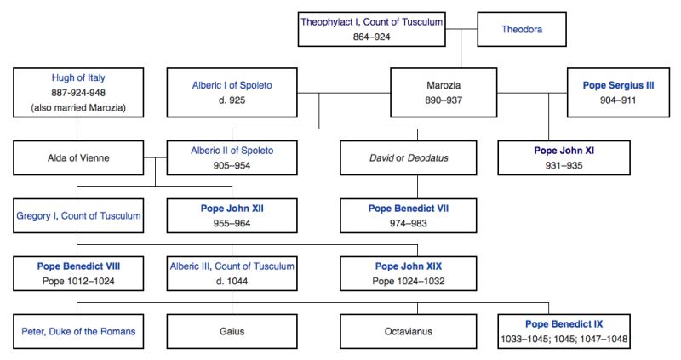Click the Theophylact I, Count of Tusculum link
click(371, 21)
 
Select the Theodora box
click(521, 29)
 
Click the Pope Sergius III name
click(618, 85)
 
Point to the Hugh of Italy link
click(77, 77)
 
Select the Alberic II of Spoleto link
click(232, 151)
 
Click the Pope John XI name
click(565, 151)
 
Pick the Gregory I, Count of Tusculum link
click(77, 215)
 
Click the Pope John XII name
click(232, 208)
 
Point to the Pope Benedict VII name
click(406, 208)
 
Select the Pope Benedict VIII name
click(77, 266)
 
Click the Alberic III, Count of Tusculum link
click(232, 266)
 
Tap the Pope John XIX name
click(406, 266)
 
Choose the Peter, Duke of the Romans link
click(77, 330)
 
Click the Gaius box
click(232, 330)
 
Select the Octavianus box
click(406, 330)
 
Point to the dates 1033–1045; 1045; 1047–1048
click(565, 338)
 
